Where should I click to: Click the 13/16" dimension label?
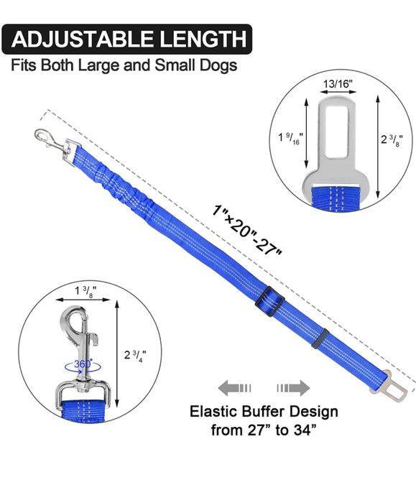(x=338, y=84)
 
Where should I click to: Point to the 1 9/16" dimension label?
(x=290, y=138)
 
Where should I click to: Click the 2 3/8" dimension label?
(x=392, y=139)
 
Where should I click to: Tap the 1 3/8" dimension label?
(x=85, y=290)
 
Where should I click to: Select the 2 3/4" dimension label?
(x=135, y=355)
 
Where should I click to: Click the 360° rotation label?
(x=83, y=364)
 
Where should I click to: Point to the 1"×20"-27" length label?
(x=246, y=230)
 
